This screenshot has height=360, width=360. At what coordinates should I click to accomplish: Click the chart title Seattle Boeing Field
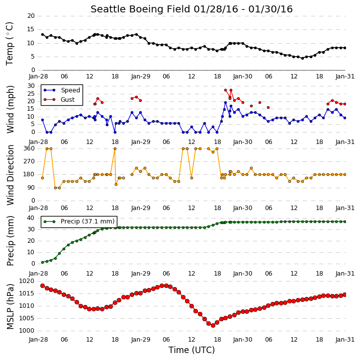140,9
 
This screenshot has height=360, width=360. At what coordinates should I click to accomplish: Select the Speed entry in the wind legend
62,90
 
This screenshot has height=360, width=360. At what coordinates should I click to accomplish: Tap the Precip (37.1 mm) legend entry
79,221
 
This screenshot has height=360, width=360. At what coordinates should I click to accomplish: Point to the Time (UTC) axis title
191,350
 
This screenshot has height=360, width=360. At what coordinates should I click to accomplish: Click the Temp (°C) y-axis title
9,44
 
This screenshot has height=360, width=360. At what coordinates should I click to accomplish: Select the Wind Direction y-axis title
10,175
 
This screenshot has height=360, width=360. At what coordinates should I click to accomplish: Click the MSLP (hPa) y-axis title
10,306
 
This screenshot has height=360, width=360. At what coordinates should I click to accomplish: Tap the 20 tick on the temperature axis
31,16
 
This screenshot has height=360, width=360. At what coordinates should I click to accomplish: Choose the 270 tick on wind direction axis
29,161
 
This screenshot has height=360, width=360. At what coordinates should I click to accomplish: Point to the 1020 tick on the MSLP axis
27,281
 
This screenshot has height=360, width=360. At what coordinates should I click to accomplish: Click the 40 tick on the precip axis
31,218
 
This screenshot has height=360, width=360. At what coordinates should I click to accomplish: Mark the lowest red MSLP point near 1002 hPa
213,325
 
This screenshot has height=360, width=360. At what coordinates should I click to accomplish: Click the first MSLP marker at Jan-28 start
43,286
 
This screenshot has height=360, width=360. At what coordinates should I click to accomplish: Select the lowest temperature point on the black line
302,58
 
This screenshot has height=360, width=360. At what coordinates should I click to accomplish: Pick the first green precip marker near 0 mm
43,262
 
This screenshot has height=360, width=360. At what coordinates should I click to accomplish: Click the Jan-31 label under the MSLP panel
345,339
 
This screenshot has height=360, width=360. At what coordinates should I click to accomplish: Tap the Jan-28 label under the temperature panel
38,76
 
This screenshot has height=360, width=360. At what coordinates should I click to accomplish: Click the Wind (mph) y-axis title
10,109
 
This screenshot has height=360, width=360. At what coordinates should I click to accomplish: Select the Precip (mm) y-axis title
10,241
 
